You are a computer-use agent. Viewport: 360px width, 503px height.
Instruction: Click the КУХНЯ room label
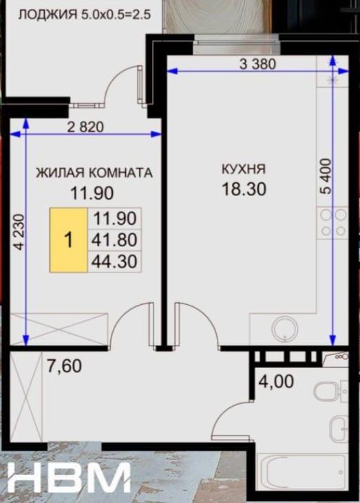click(x=244, y=169)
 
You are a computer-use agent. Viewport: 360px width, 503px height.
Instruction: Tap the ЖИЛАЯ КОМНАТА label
click(x=94, y=173)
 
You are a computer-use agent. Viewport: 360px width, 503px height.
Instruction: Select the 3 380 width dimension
click(x=257, y=64)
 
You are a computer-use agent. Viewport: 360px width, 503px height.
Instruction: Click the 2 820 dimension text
click(x=85, y=127)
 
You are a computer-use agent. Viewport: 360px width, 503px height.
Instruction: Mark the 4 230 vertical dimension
click(x=19, y=232)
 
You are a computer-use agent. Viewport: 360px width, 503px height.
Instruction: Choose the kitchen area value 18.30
click(x=244, y=189)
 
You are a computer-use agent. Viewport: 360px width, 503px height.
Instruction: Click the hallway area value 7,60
click(x=64, y=365)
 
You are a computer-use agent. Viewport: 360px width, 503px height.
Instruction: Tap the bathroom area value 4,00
click(x=276, y=382)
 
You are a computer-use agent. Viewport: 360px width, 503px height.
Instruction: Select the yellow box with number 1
click(x=68, y=240)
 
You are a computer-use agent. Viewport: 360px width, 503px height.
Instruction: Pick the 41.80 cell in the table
click(x=114, y=239)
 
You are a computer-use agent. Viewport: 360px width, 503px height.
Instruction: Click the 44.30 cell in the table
click(x=114, y=261)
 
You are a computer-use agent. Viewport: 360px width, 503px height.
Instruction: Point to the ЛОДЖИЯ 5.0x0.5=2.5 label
click(x=84, y=14)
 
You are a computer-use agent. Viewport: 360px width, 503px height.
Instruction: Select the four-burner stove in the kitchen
click(x=333, y=223)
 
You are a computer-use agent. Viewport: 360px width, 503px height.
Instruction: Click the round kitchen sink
click(x=284, y=329)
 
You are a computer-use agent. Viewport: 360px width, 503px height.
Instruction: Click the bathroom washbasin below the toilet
click(x=339, y=429)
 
